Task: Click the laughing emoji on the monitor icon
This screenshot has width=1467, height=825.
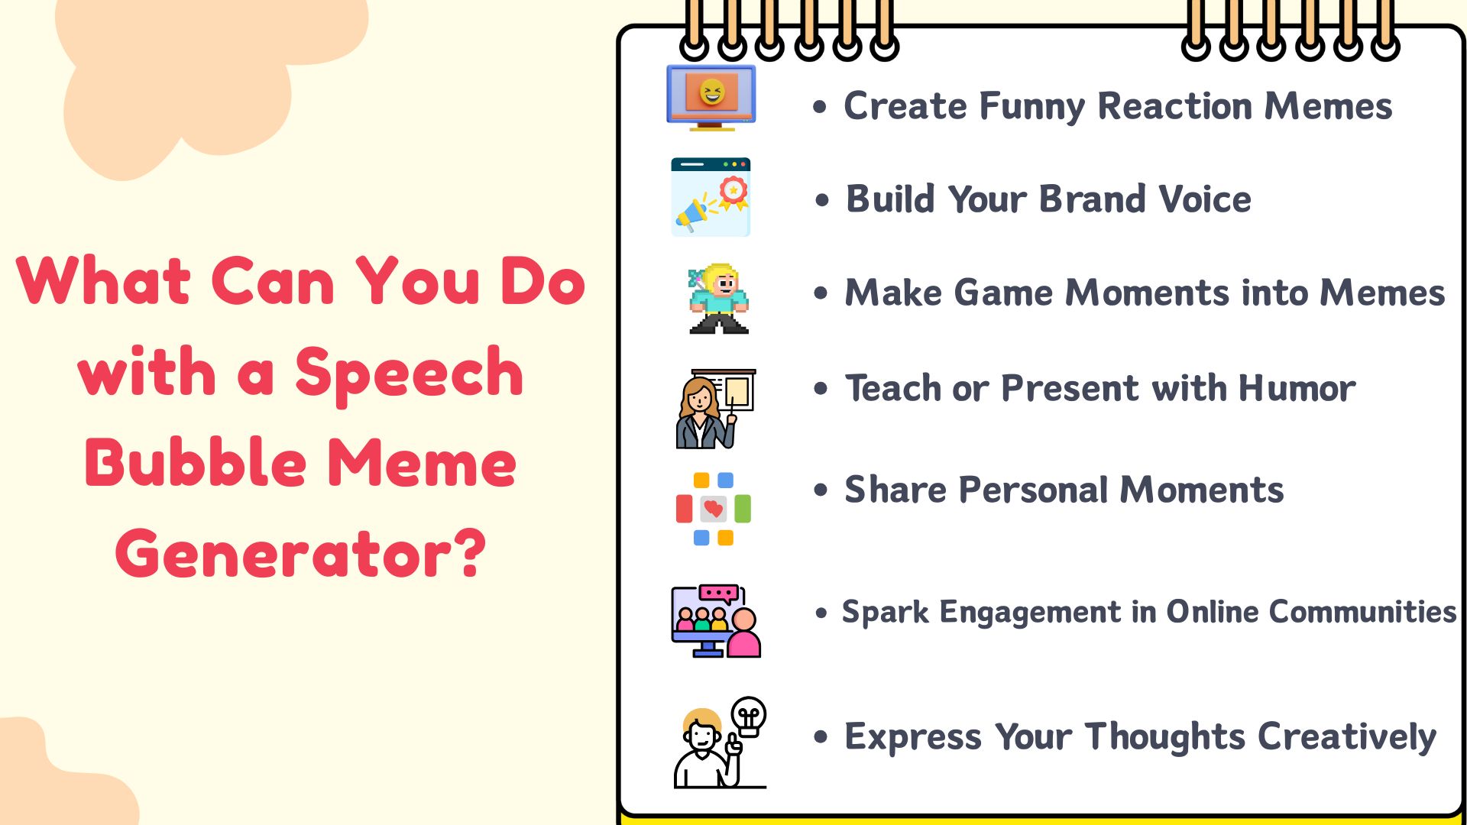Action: pos(711,92)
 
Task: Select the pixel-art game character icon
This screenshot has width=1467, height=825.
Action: pos(718,299)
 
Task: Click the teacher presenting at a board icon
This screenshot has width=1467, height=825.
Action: pos(714,409)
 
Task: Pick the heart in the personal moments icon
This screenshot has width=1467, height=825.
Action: pos(714,509)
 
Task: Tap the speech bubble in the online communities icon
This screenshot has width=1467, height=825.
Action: pos(718,594)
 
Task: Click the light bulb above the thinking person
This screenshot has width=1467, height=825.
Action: pos(749,716)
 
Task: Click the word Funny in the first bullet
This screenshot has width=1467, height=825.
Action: pos(1031,107)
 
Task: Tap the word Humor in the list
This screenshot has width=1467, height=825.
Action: pos(1297,389)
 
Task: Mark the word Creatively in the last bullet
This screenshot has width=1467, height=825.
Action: pos(1346,738)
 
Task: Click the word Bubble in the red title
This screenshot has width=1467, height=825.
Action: pos(196,464)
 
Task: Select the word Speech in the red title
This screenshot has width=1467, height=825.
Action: pos(409,374)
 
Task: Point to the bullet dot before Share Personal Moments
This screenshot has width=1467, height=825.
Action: pos(821,490)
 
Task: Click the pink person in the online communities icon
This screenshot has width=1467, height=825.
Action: pos(743,634)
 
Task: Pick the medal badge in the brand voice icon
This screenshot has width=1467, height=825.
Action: pos(733,191)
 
